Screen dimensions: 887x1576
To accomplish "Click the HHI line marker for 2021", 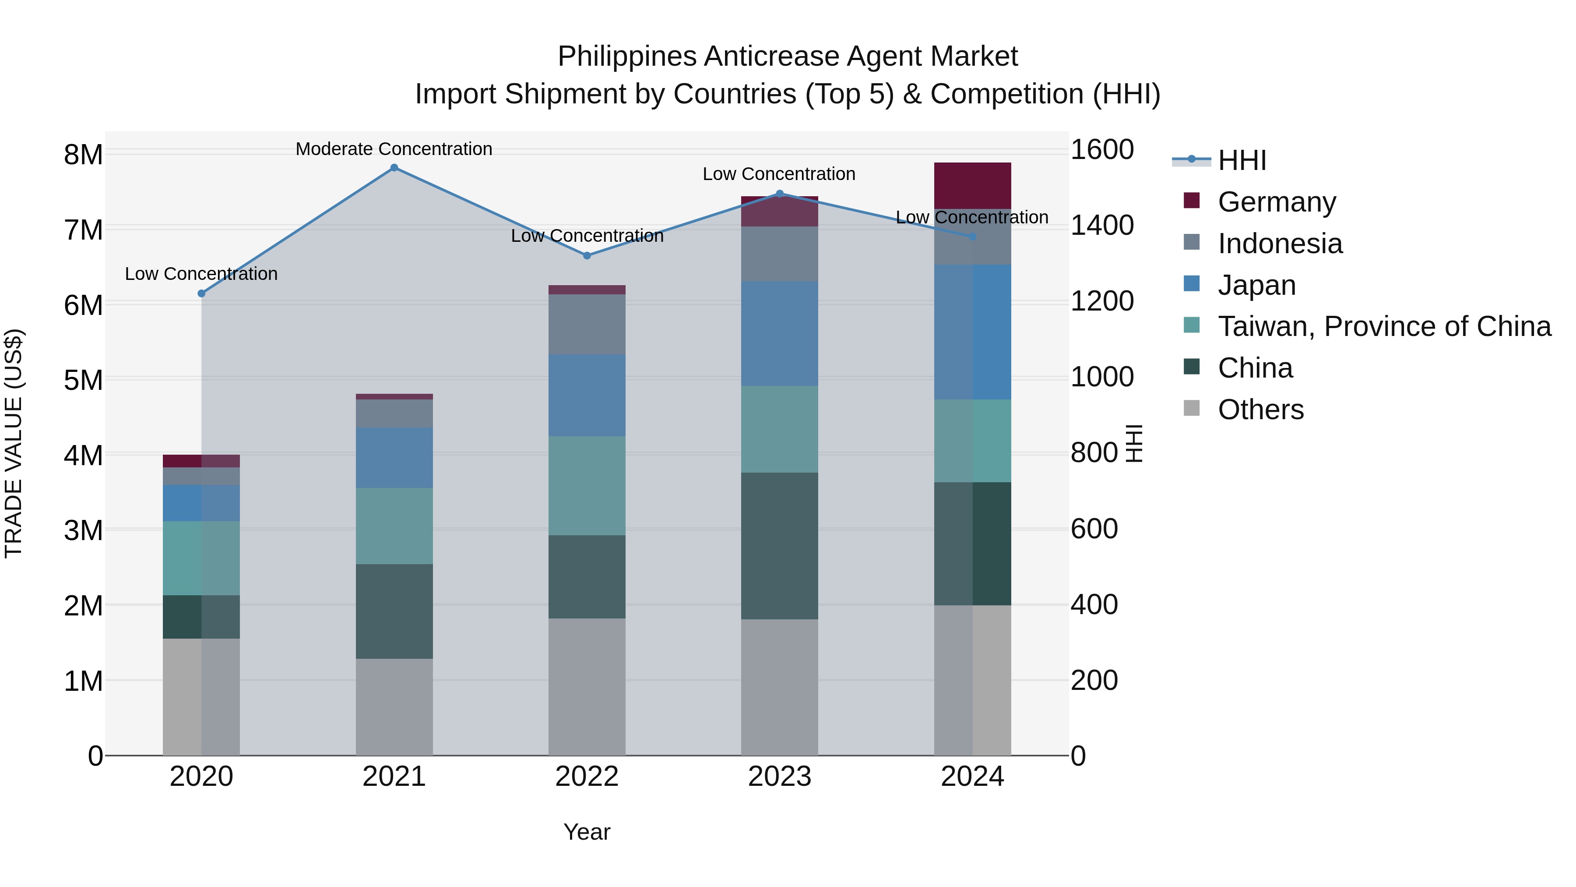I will point(394,168).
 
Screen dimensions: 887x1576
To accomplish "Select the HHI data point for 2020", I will point(201,293).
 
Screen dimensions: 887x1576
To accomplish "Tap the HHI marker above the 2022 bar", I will point(587,255).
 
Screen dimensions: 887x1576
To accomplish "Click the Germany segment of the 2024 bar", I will point(972,185).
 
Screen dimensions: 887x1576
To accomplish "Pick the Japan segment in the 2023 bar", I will point(779,334).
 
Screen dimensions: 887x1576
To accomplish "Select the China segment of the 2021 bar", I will point(394,611).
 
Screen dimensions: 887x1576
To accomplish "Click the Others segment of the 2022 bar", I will point(587,686).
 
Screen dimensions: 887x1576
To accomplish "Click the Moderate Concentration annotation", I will point(394,149).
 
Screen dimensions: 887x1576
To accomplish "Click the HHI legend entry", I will point(1242,160).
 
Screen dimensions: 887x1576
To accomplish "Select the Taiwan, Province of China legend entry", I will point(1384,326).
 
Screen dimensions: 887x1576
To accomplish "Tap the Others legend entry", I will point(1260,410).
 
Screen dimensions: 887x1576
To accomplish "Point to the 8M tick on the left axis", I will point(84,154).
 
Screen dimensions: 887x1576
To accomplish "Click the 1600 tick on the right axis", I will point(1102,149).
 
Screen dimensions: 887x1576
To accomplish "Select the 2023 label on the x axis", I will point(779,777).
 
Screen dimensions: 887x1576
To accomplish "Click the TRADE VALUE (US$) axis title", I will point(14,443).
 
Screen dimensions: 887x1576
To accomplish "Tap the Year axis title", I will point(587,832).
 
